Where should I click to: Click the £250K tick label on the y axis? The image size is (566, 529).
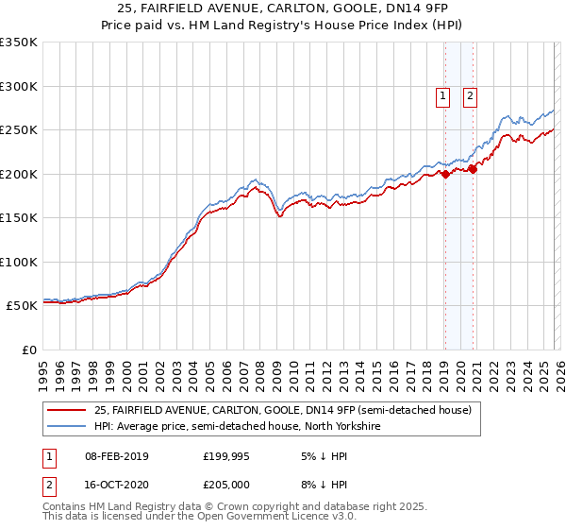pyautogui.click(x=19, y=129)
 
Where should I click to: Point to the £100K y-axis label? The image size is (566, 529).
pyautogui.click(x=19, y=262)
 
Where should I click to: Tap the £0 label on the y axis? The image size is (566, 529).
pyautogui.click(x=28, y=350)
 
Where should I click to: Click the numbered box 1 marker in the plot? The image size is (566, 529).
pyautogui.click(x=443, y=94)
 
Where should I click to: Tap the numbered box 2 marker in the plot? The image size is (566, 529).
pyautogui.click(x=470, y=94)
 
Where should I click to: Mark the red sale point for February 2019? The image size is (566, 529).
pyautogui.click(x=444, y=174)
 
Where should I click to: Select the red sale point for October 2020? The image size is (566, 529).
pyautogui.click(x=473, y=169)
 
